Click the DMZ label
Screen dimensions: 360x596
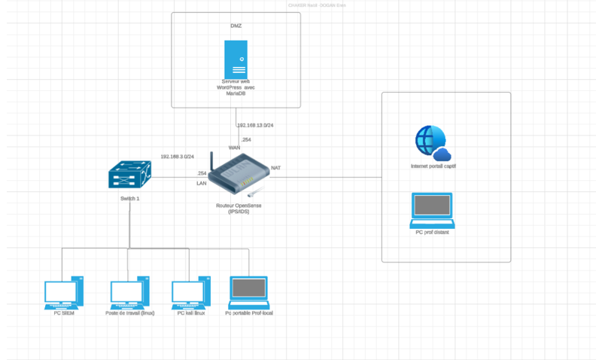pyautogui.click(x=236, y=26)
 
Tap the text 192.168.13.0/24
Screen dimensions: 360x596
pyautogui.click(x=255, y=125)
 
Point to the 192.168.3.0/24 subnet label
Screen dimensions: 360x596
pyautogui.click(x=177, y=157)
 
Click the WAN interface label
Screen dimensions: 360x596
pyautogui.click(x=234, y=148)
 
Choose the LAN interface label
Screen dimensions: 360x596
pyautogui.click(x=201, y=183)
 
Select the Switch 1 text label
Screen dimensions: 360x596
pyautogui.click(x=129, y=198)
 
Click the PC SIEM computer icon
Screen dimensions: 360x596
pyautogui.click(x=63, y=291)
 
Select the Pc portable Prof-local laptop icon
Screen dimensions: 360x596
pyautogui.click(x=248, y=291)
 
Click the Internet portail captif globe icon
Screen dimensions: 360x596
pyautogui.click(x=431, y=142)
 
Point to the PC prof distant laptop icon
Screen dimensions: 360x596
pyautogui.click(x=432, y=210)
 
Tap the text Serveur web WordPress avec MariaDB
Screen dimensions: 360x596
pyautogui.click(x=236, y=88)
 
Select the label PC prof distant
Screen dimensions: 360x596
pyautogui.click(x=432, y=233)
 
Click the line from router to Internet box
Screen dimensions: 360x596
pyautogui.click(x=331, y=178)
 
